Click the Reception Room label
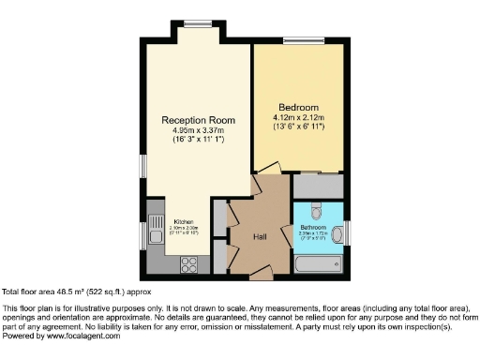[x=197, y=120]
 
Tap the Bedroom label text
[x=298, y=107]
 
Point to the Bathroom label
[x=312, y=227]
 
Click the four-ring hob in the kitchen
[x=188, y=262]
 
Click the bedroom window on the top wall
[x=300, y=40]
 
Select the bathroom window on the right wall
[x=348, y=231]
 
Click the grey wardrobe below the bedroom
[x=319, y=186]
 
